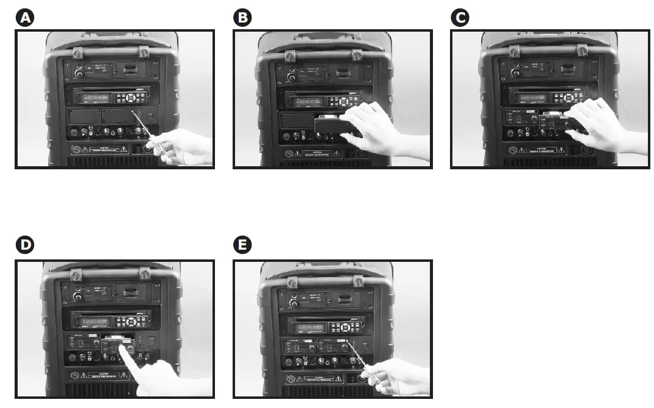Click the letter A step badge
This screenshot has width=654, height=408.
click(24, 18)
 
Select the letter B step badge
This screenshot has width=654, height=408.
click(242, 18)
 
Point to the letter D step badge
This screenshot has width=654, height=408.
click(24, 245)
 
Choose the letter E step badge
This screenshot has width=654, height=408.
click(242, 245)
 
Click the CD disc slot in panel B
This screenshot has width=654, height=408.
click(311, 90)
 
